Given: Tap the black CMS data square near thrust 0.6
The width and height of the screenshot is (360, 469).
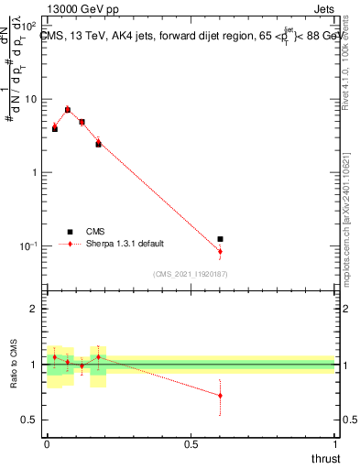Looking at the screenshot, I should (220, 239).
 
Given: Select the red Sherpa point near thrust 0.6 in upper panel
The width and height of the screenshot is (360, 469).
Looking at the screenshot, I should (220, 251).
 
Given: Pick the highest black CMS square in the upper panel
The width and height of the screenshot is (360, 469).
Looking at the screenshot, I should (68, 110).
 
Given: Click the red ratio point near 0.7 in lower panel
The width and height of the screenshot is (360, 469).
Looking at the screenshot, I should (220, 396).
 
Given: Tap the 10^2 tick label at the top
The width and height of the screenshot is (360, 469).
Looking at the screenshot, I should (27, 26).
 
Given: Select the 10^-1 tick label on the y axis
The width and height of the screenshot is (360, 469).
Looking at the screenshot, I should (27, 246).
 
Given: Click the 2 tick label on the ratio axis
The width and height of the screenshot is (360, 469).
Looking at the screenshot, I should (34, 310).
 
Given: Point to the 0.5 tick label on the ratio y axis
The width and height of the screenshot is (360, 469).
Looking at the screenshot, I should (29, 420).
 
